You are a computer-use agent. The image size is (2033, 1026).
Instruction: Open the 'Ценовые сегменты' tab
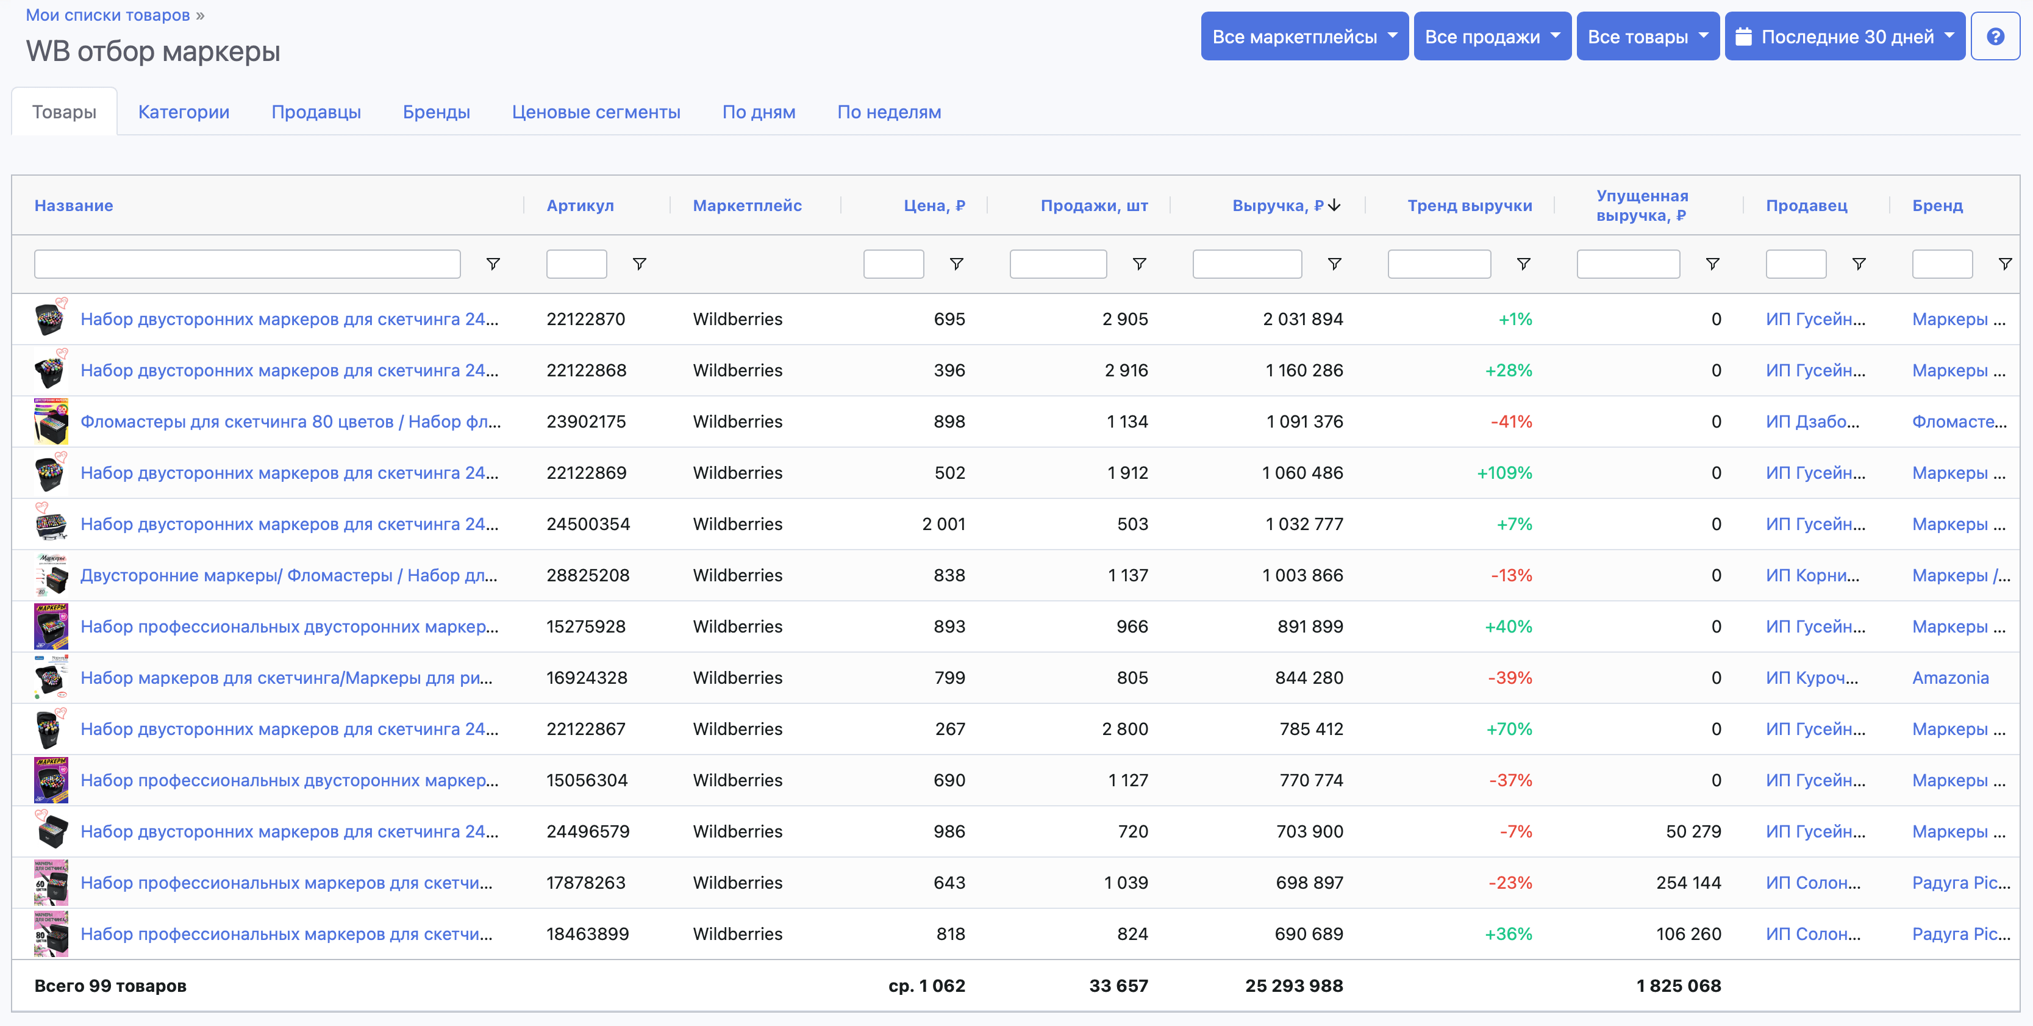coord(596,112)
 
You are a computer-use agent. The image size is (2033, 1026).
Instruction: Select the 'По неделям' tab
coord(888,112)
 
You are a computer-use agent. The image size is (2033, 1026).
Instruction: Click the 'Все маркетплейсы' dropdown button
coord(1304,37)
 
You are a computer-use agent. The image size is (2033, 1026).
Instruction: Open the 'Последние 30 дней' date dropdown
coord(1845,37)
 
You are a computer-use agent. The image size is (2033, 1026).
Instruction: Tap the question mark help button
coord(1995,37)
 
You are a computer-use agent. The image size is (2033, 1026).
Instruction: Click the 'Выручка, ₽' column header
coord(1277,205)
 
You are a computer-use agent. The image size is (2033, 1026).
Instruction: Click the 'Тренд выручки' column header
coord(1470,205)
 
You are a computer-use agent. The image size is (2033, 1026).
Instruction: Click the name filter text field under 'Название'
coord(247,264)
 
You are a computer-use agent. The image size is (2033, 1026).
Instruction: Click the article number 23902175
coord(585,422)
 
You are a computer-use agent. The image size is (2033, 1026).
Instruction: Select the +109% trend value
coord(1504,473)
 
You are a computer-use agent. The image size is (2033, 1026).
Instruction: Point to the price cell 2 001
coord(943,524)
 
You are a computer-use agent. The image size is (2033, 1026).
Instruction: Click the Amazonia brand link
coord(1949,678)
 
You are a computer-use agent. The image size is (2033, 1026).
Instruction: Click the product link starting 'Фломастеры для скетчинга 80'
coord(290,422)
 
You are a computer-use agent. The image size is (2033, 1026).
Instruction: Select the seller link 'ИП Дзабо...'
coord(1812,422)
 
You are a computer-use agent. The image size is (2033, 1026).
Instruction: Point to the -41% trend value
coord(1510,422)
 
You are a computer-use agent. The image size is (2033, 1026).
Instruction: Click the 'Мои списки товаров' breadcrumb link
coord(108,15)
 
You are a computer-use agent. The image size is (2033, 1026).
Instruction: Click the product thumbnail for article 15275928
coord(51,626)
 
